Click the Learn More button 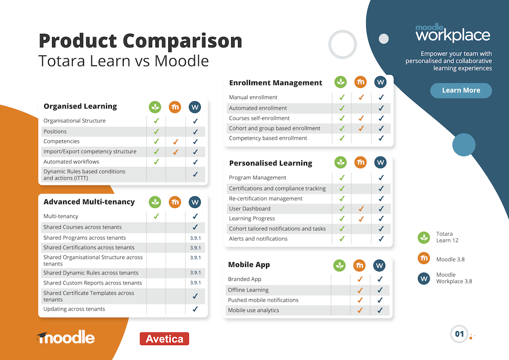(x=461, y=90)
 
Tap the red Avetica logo (x=164, y=339)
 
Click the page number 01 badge (x=459, y=334)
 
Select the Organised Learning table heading (x=80, y=106)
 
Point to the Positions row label (x=55, y=131)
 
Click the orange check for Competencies (x=175, y=142)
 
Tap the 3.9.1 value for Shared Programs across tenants (x=195, y=238)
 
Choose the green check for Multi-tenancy (x=156, y=216)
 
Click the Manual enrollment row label (x=253, y=97)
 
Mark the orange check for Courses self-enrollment (x=361, y=118)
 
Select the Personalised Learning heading (x=271, y=163)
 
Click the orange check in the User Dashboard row (x=361, y=209)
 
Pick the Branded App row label (x=245, y=279)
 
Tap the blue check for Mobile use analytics (x=380, y=310)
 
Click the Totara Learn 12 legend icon (x=424, y=238)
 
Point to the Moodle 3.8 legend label (x=450, y=260)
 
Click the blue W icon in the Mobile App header (x=379, y=266)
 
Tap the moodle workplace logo (x=453, y=33)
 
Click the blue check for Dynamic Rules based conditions (x=195, y=175)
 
